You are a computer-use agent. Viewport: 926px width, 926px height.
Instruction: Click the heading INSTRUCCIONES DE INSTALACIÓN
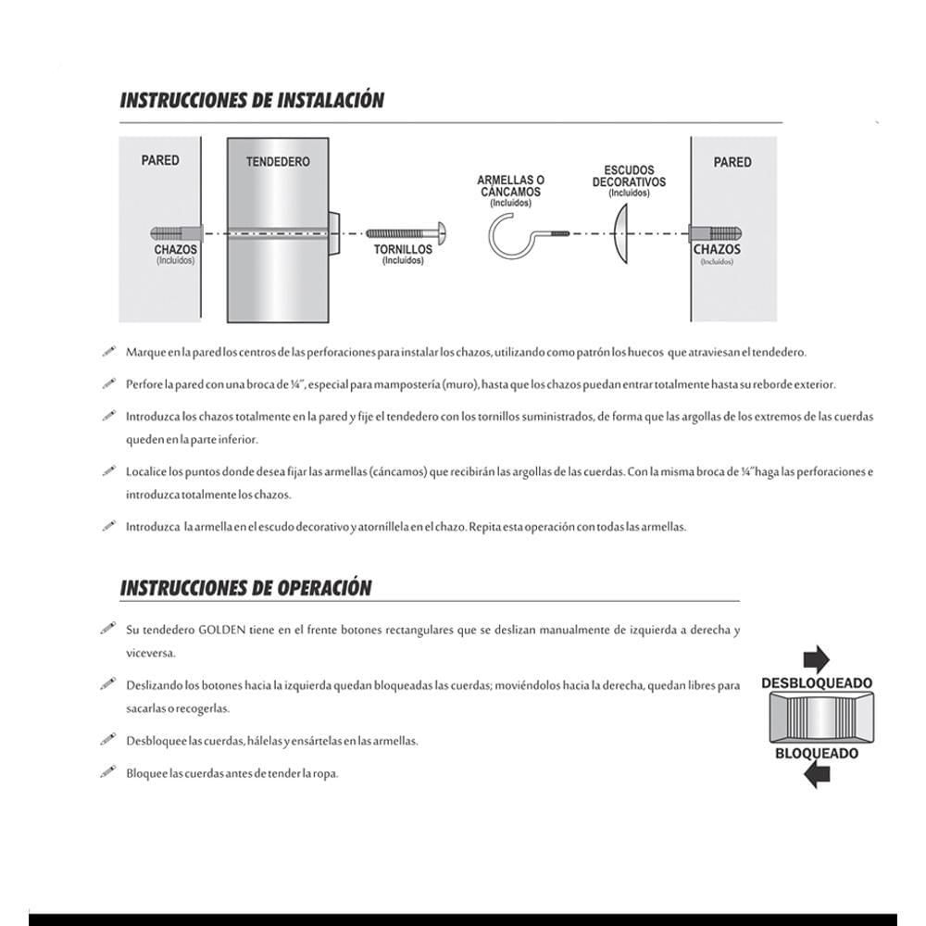tap(252, 100)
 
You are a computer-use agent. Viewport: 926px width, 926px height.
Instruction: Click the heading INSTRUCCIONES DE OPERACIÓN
tap(246, 588)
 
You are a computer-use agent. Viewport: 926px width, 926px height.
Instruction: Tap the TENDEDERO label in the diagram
tap(278, 161)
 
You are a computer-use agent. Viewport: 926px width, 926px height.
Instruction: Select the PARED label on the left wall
tap(160, 160)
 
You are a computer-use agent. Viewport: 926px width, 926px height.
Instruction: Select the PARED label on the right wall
tap(732, 162)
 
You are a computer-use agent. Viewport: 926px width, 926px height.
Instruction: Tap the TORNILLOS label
tap(403, 250)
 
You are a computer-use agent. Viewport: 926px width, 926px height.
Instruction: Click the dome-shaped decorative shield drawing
tap(622, 233)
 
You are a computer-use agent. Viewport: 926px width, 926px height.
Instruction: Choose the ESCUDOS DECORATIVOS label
tap(629, 176)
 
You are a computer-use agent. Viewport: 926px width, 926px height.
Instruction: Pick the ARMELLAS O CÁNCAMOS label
tap(511, 185)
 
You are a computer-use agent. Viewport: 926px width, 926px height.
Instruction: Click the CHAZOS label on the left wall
tap(175, 250)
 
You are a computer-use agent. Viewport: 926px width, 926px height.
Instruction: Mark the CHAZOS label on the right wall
tap(717, 249)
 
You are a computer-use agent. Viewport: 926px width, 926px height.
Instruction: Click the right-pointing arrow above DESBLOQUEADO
tap(816, 658)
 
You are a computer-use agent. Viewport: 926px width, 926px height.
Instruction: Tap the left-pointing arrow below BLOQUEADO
tap(816, 775)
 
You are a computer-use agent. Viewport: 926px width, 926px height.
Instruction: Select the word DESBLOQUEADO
tap(816, 683)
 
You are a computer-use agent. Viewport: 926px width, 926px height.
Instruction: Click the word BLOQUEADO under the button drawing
tap(816, 753)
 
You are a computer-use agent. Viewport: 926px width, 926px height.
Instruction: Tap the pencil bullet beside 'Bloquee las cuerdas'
tap(107, 771)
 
